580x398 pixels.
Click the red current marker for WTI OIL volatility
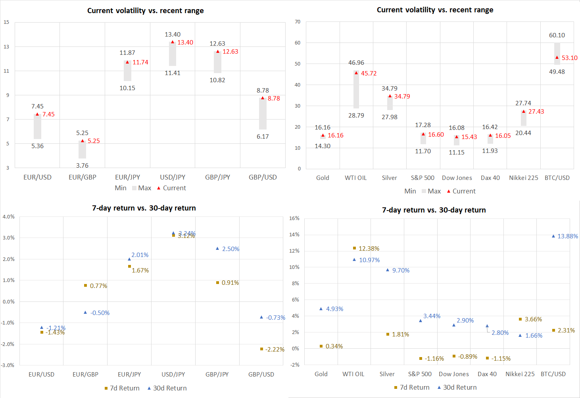pyautogui.click(x=356, y=73)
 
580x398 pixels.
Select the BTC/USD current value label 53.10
pyautogui.click(x=569, y=58)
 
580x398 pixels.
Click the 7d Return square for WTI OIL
pyautogui.click(x=355, y=248)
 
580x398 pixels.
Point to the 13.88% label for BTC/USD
pyautogui.click(x=568, y=236)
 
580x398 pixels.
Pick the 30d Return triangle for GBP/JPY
pyautogui.click(x=217, y=249)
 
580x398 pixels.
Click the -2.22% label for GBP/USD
pyautogui.click(x=275, y=350)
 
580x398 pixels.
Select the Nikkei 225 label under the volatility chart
pyautogui.click(x=523, y=178)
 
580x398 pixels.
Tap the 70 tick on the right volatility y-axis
pyautogui.click(x=298, y=22)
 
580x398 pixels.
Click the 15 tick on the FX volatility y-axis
pyautogui.click(x=6, y=22)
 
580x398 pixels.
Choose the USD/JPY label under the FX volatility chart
pyautogui.click(x=173, y=177)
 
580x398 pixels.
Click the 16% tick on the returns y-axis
pyautogui.click(x=294, y=218)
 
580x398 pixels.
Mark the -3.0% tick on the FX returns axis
pyautogui.click(x=8, y=365)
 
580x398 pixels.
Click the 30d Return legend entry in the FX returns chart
pyautogui.click(x=167, y=388)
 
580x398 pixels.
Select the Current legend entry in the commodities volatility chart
pyautogui.click(x=461, y=191)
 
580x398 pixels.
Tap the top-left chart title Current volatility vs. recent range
pyautogui.click(x=146, y=11)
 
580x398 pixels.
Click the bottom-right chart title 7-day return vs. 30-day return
pyautogui.click(x=434, y=210)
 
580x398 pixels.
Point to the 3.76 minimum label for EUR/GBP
pyautogui.click(x=83, y=165)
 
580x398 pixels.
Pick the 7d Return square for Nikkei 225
pyautogui.click(x=520, y=319)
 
